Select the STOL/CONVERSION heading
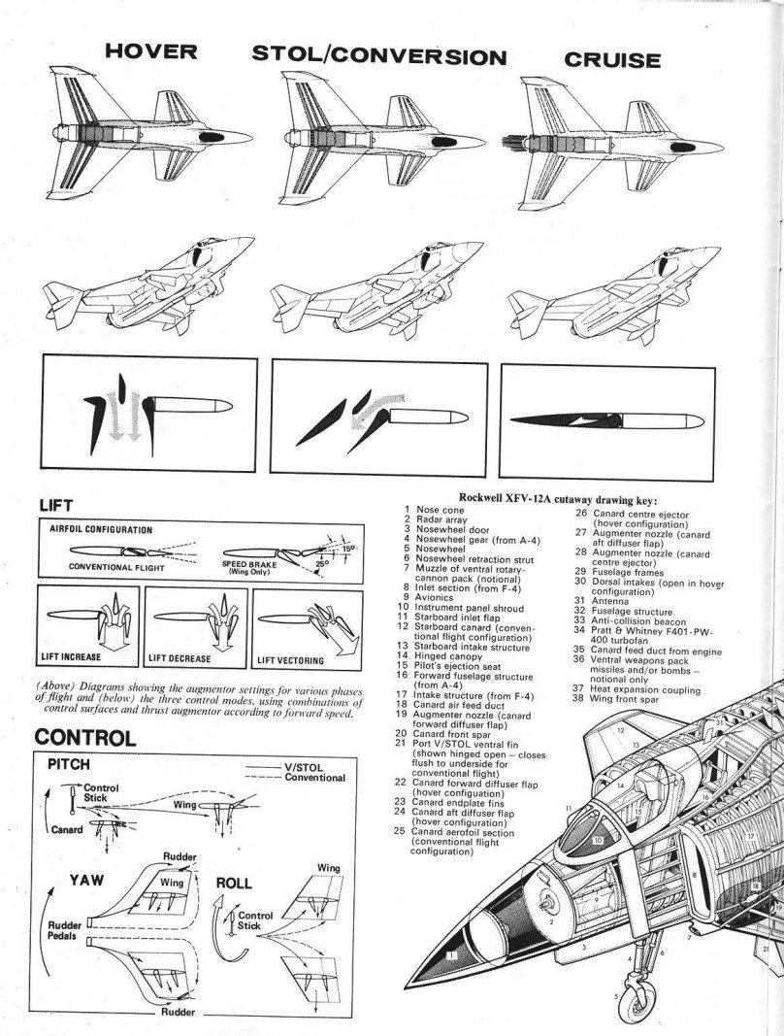(x=379, y=56)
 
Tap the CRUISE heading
(x=612, y=59)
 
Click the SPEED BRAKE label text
(x=249, y=566)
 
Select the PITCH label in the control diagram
(x=69, y=765)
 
